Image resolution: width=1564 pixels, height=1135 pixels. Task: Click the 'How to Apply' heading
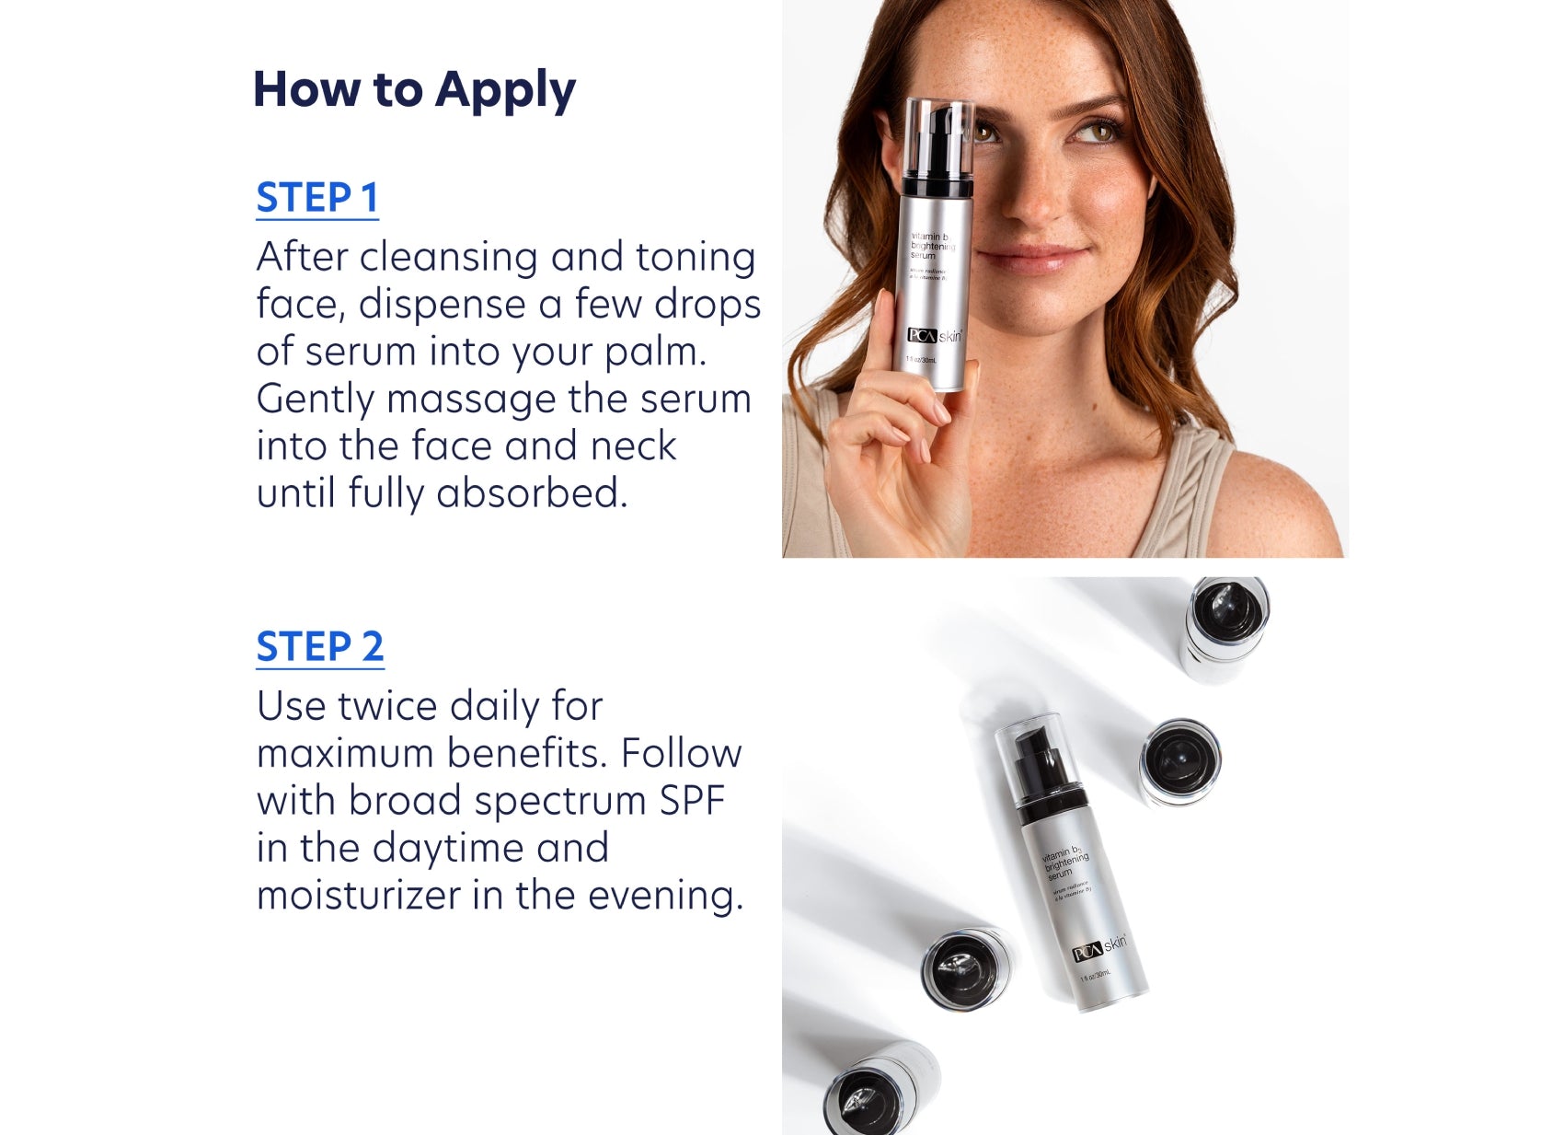413,90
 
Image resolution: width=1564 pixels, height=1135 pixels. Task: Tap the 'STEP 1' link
316,198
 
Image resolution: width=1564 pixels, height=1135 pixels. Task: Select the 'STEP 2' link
319,646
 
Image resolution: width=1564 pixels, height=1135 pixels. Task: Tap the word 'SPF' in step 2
692,801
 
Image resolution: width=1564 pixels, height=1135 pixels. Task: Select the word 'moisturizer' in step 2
359,896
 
